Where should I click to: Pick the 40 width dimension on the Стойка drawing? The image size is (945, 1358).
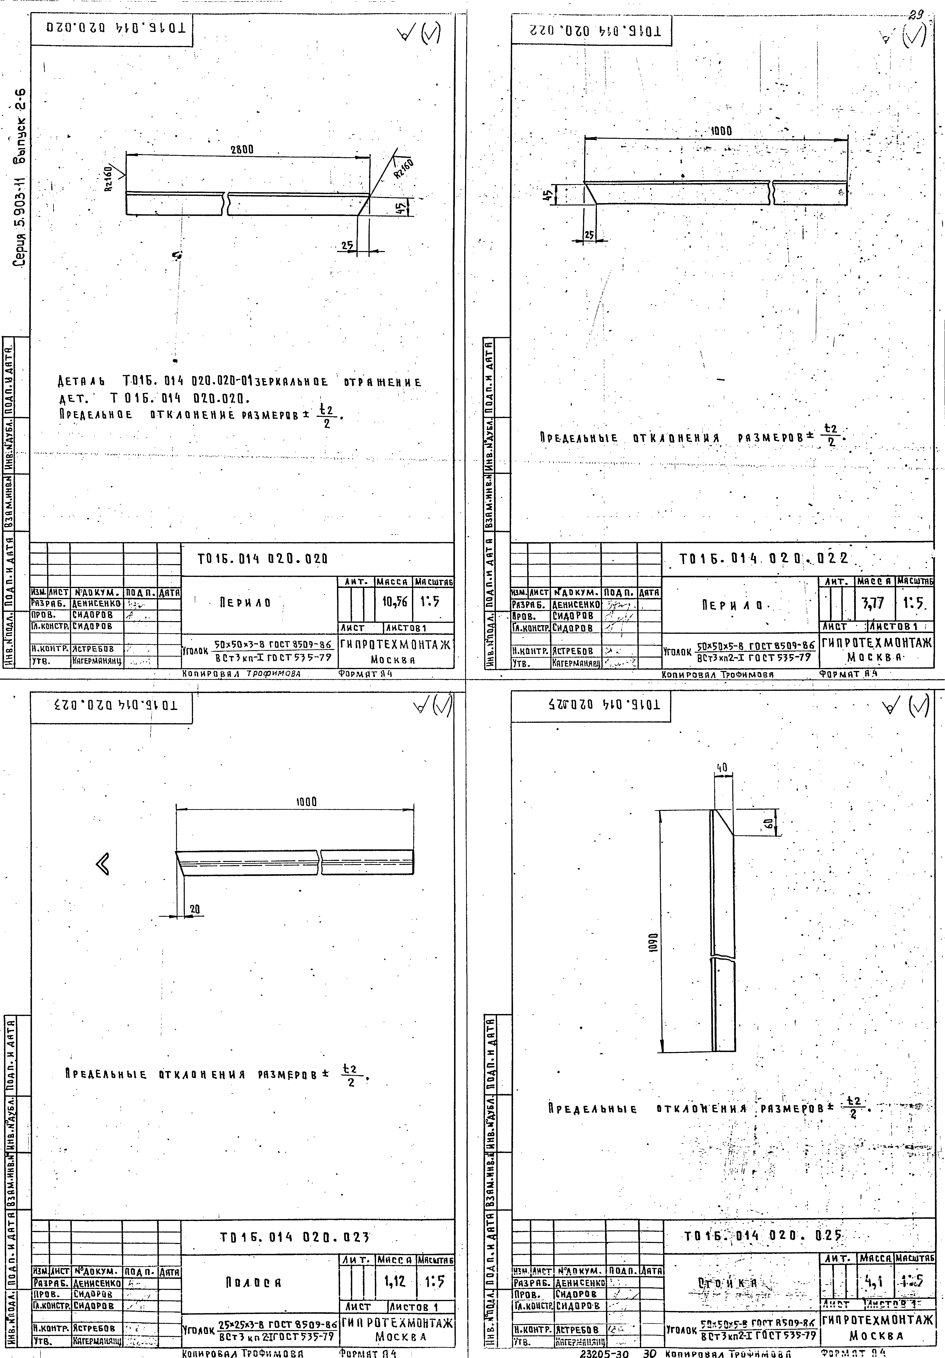point(722,768)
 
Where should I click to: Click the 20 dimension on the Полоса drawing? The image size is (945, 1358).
point(195,910)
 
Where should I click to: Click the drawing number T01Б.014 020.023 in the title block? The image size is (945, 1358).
point(294,1237)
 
